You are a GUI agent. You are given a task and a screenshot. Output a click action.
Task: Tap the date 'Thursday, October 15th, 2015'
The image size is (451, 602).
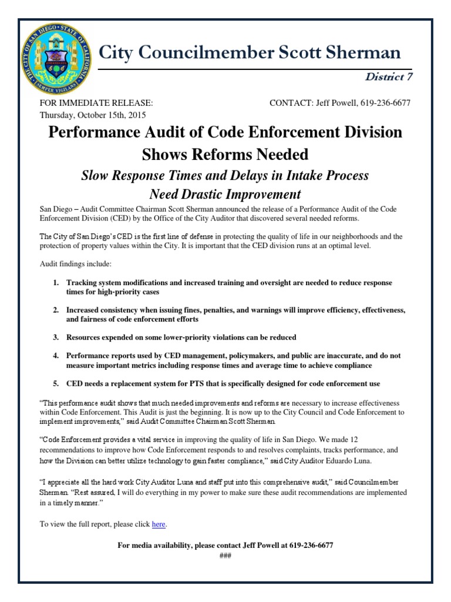pyautogui.click(x=92, y=115)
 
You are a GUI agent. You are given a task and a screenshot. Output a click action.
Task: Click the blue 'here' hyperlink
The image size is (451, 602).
pyautogui.click(x=159, y=524)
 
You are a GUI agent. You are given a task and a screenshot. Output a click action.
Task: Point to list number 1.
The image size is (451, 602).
pyautogui.click(x=56, y=283)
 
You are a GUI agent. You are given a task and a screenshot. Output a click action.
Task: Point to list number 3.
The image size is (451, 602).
pyautogui.click(x=56, y=337)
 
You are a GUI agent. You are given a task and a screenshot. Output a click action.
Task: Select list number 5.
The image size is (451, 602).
pyautogui.click(x=56, y=383)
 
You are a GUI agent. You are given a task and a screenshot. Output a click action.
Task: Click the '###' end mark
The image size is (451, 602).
pyautogui.click(x=225, y=556)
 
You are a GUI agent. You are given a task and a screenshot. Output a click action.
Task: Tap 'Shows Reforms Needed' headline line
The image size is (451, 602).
pyautogui.click(x=225, y=154)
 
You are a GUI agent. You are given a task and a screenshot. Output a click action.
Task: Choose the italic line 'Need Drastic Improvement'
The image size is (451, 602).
pyautogui.click(x=225, y=194)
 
